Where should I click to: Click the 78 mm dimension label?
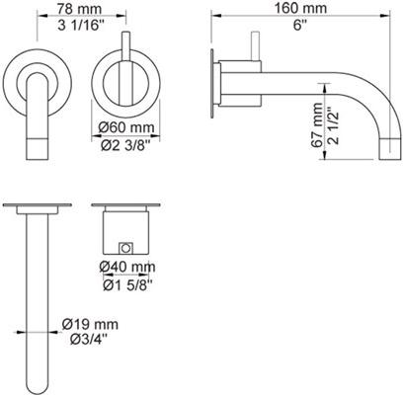pos(79,9)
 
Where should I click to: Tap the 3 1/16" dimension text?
pos(78,26)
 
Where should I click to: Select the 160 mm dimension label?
pos(301,8)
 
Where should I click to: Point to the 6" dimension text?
pos(299,25)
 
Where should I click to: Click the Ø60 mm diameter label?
pos(126,127)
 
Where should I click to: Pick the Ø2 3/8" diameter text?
pos(125,145)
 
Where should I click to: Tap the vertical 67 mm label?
pos(318,124)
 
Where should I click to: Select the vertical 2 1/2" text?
pos(334,126)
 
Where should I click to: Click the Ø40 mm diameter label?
pos(127,267)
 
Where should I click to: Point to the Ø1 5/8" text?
pos(127,285)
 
